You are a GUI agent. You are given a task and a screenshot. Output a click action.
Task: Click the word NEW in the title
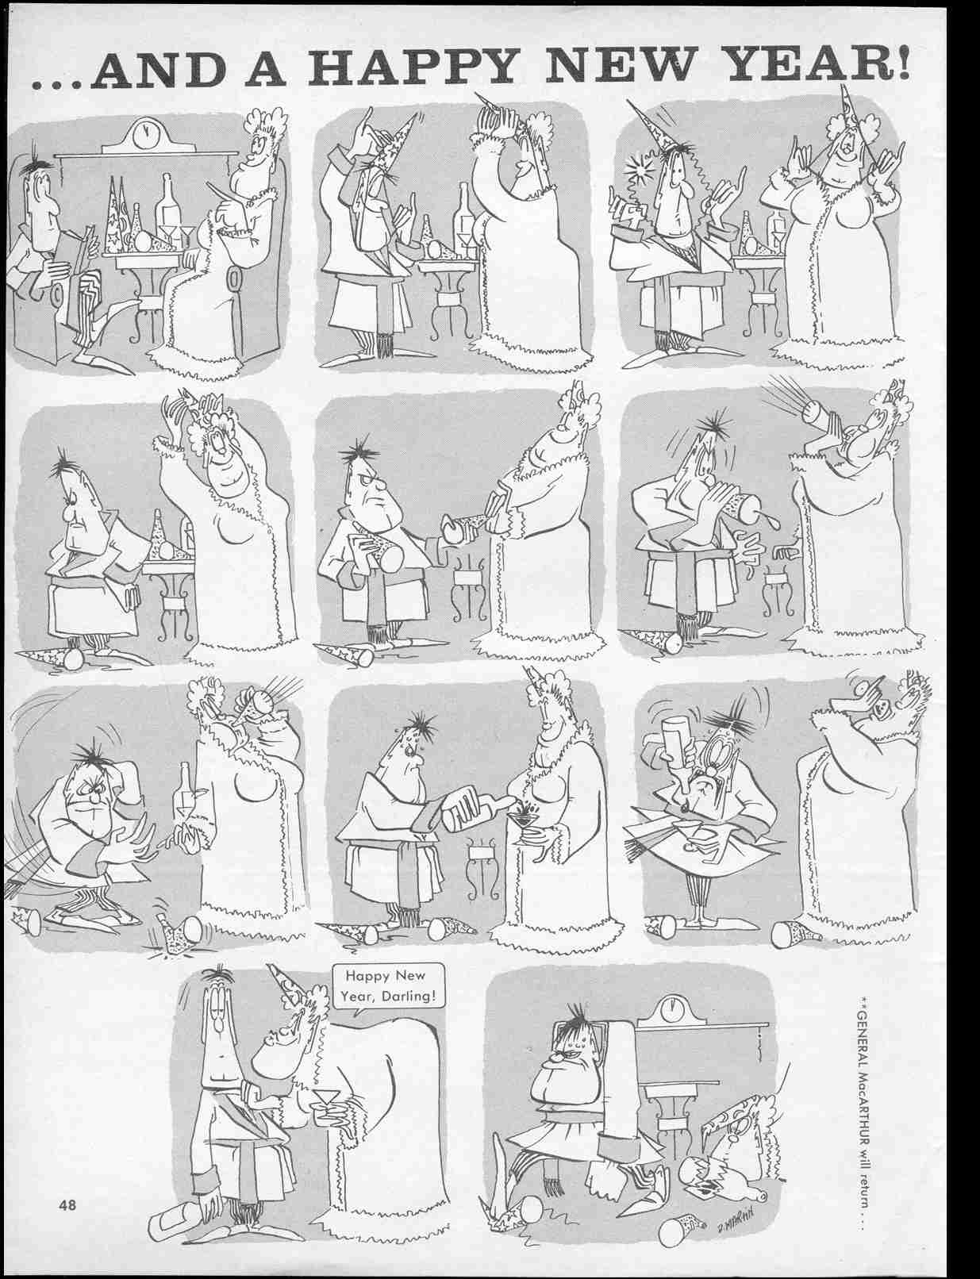611,66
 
